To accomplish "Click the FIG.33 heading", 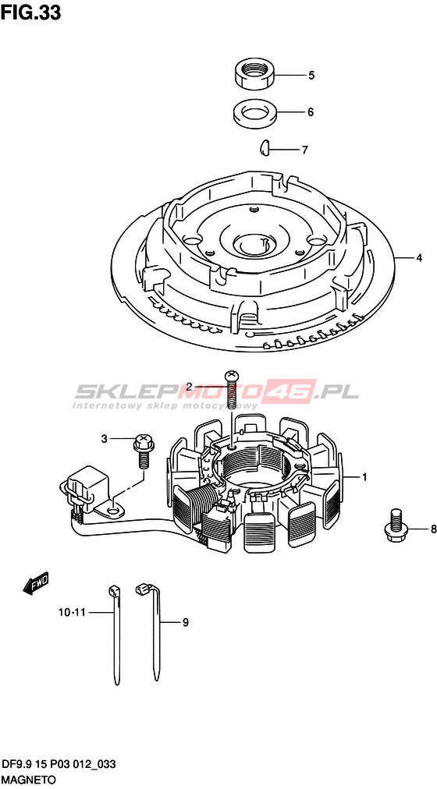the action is (x=30, y=12).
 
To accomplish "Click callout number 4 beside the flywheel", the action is (x=418, y=258).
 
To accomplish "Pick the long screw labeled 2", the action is (x=231, y=390).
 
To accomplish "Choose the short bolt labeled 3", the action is (x=144, y=451).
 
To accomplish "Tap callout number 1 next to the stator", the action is (x=364, y=476).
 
